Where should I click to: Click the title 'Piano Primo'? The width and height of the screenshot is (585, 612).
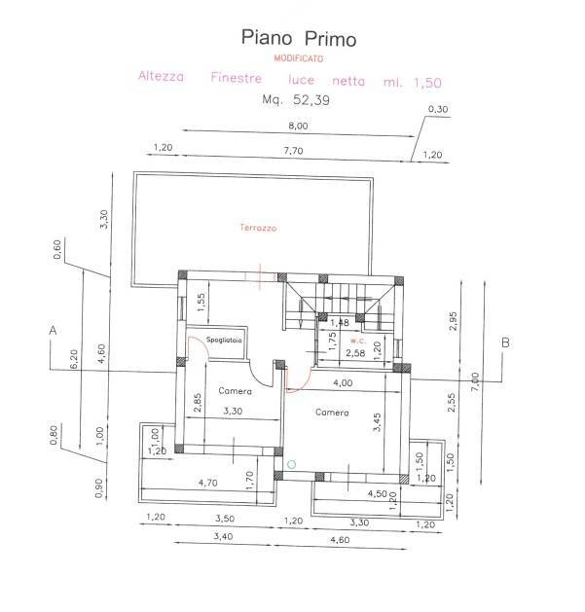coord(299,39)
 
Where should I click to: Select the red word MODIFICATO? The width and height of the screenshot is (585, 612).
coord(299,58)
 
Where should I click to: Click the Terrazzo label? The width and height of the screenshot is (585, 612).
coord(258,228)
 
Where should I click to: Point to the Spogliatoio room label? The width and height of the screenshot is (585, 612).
coord(224,340)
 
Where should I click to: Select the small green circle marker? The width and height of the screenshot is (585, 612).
coord(290,464)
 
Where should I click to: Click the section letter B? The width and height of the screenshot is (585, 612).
coord(505,342)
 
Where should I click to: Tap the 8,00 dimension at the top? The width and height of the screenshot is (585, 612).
coord(298,126)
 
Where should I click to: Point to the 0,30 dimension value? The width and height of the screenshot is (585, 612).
coord(440,109)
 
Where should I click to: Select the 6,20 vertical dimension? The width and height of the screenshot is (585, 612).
coord(72,359)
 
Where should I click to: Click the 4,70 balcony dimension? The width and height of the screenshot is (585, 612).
coord(207,482)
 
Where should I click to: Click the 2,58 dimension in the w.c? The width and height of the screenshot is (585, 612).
coord(357,352)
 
